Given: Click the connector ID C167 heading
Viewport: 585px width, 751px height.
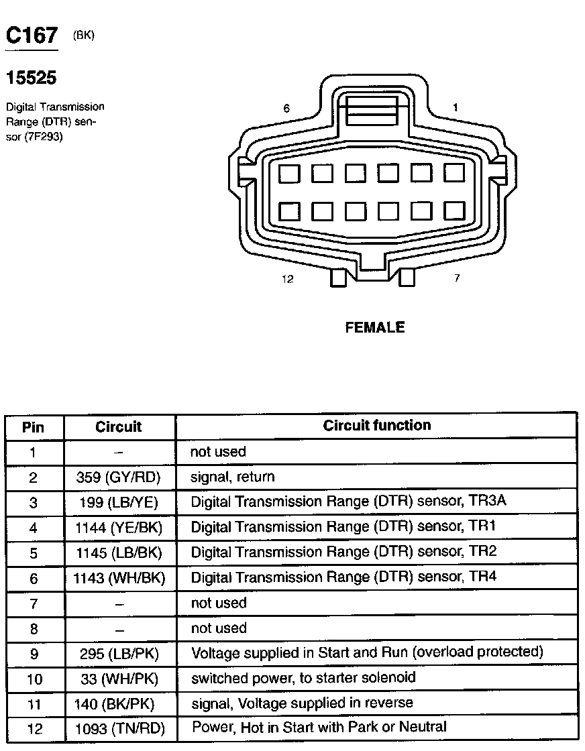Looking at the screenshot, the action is click(32, 36).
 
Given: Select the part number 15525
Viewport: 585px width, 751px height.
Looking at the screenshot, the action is click(31, 78).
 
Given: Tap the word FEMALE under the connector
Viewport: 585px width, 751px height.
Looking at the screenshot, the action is click(375, 328).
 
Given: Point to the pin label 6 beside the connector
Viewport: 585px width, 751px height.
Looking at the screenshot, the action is click(286, 108).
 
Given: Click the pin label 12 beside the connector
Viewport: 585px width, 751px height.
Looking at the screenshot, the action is click(288, 279).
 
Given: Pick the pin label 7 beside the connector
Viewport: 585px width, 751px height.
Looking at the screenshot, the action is click(457, 278).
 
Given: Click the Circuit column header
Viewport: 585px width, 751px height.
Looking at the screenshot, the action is click(119, 426).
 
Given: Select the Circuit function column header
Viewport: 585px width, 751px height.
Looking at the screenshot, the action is click(377, 425).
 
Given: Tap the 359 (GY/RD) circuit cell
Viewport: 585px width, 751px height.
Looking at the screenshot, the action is click(119, 477).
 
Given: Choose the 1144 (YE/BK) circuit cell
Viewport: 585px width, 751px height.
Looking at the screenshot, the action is click(119, 528).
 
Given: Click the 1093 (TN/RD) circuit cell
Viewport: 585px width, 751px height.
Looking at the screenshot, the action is click(119, 729).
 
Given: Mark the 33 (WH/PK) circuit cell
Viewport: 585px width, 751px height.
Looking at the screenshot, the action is click(119, 679).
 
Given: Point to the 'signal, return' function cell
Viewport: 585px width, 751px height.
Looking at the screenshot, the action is click(233, 477).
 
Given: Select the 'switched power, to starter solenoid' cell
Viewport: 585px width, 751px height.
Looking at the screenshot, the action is click(303, 677).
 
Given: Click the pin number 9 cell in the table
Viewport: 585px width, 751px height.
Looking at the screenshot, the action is click(34, 653).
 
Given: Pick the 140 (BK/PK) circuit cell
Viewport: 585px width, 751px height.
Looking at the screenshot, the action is click(119, 703).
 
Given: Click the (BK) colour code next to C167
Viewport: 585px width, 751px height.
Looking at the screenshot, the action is click(84, 36).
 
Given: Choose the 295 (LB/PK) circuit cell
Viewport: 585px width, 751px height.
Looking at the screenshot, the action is click(119, 653).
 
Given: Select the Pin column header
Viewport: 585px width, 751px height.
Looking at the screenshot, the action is click(34, 426).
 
